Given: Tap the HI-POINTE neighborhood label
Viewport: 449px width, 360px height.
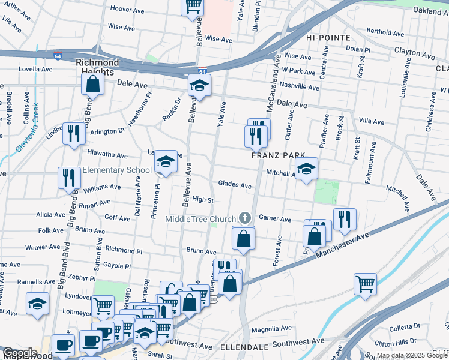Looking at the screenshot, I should tap(328, 37).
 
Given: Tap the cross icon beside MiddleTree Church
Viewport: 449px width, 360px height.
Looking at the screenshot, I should tap(244, 217).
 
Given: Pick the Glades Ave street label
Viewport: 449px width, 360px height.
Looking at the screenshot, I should tap(235, 185).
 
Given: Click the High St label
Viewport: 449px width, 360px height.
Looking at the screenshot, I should tap(203, 200).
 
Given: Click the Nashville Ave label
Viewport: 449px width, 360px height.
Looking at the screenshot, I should tap(298, 87).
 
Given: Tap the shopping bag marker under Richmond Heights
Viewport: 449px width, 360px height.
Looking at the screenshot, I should tap(93, 86).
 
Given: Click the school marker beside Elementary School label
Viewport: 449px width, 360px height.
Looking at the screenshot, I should tap(166, 162).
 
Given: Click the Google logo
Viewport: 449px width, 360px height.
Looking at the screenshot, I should tap(20, 353).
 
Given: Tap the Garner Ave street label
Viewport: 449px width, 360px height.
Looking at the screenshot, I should tap(275, 220).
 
